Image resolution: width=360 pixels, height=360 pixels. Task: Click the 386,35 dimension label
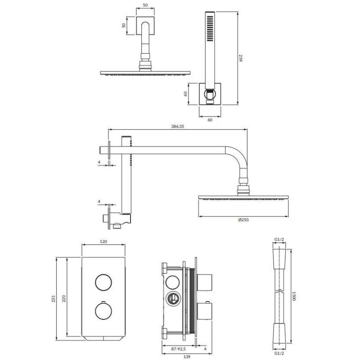[x=177, y=126]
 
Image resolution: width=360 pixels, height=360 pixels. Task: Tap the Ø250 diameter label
[x=243, y=220]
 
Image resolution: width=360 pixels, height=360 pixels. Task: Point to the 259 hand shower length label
[x=240, y=58]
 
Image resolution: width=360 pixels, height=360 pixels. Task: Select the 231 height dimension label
[x=54, y=298]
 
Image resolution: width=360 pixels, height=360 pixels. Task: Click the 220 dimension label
[x=64, y=298]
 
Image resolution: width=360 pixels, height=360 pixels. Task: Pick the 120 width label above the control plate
[x=103, y=242]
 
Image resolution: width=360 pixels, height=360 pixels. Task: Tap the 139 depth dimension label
[x=187, y=356]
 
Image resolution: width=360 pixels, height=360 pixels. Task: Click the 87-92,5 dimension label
[x=178, y=349]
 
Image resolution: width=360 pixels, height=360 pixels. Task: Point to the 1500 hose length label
[x=294, y=296]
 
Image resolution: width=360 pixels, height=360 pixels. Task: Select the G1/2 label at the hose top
[x=279, y=239]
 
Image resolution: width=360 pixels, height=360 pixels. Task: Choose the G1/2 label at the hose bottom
[x=279, y=354]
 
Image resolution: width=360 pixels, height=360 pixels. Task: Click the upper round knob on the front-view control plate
[x=103, y=283]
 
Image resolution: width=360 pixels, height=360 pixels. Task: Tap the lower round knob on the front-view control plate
[x=103, y=311]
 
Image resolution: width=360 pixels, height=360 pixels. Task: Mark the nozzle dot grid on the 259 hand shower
[x=209, y=28]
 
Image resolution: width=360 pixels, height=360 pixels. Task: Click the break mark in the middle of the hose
[x=279, y=292]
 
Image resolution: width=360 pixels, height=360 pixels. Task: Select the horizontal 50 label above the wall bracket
[x=145, y=5]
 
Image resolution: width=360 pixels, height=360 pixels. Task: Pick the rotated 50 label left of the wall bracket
[x=124, y=25]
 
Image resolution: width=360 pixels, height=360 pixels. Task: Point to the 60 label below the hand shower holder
[x=210, y=120]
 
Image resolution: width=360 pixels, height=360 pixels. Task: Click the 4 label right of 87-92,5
[x=205, y=349]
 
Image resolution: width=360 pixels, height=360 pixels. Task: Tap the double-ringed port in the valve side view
[x=173, y=298]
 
